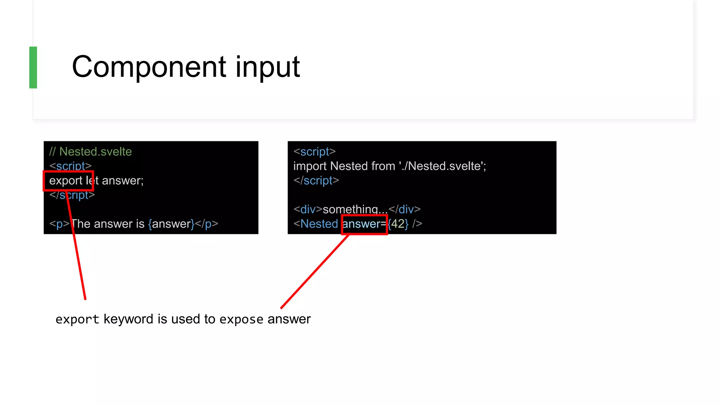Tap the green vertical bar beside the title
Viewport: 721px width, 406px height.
[x=33, y=67]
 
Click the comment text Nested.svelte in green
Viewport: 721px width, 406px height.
[x=95, y=152]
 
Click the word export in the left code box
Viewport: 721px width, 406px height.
[x=65, y=180]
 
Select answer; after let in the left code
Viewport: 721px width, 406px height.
[x=123, y=180]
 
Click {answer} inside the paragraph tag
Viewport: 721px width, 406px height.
[x=171, y=224]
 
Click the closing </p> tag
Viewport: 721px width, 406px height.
[x=207, y=224]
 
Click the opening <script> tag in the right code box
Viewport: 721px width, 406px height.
[x=314, y=152]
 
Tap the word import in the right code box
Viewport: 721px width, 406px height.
[x=310, y=166]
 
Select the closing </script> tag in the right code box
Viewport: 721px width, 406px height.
[x=316, y=180]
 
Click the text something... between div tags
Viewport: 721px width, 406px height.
[x=355, y=209]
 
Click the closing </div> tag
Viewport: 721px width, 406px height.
[x=405, y=209]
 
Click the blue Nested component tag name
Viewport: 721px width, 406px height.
[x=319, y=224]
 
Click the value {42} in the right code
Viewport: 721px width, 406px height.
[x=398, y=224]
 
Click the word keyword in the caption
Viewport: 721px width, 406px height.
[x=128, y=319]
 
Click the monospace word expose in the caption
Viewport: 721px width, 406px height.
[x=241, y=319]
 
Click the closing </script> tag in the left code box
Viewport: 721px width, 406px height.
[x=72, y=195]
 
